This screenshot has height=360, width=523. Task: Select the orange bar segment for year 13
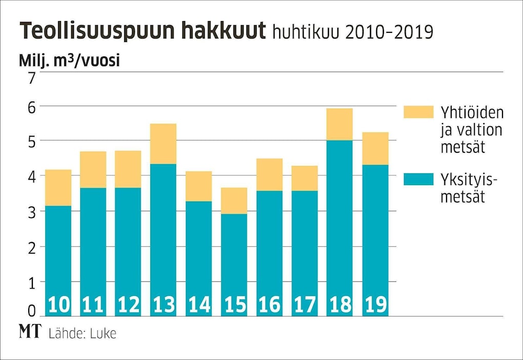pos(163,144)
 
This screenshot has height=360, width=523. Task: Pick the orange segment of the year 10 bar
pos(58,188)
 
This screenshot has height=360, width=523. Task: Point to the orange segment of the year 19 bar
pos(375,148)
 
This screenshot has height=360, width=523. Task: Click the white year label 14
pos(199,306)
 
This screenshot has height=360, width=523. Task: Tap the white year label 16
pos(269,306)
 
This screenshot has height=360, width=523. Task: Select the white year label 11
pos(93,306)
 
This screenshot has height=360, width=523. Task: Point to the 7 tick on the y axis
pos(32,78)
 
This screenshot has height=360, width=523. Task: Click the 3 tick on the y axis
pos(32,212)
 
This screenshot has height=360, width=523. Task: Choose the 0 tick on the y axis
pos(32,311)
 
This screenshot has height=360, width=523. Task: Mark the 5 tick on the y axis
pos(32,141)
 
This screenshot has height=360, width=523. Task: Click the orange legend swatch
pos(418,112)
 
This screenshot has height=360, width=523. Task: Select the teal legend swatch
pos(418,179)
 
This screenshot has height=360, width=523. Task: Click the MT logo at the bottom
pos(30,332)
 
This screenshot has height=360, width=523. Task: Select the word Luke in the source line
pos(103,333)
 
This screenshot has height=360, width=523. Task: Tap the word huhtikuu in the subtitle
pos(305,33)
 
